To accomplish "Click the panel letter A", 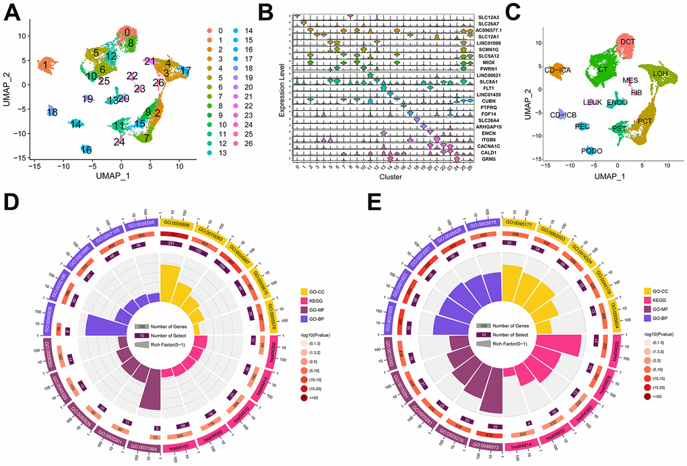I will click(11, 13).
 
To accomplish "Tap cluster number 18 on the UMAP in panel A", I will click(52, 112).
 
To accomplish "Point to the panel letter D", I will click(11, 204).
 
